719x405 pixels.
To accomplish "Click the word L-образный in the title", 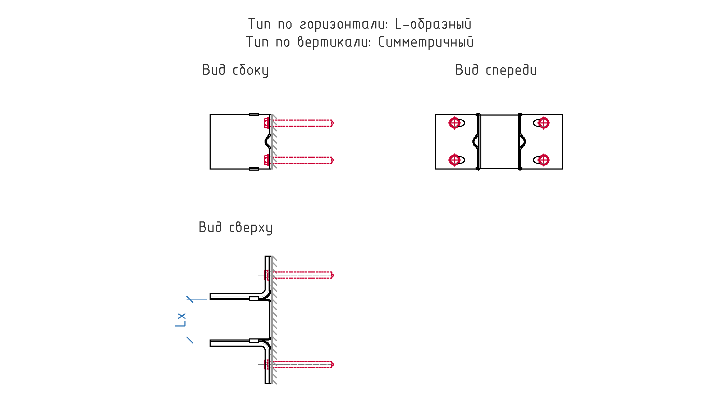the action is [x=433, y=24].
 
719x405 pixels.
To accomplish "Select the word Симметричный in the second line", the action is [x=426, y=42].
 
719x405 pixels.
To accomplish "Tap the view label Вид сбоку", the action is [x=235, y=70].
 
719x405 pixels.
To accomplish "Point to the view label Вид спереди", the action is [x=496, y=70].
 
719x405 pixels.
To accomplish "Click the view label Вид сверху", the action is [x=235, y=228].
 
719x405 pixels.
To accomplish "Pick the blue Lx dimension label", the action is [x=180, y=320].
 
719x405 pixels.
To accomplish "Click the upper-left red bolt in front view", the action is [x=454, y=123].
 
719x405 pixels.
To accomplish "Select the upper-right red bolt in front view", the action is [x=544, y=123].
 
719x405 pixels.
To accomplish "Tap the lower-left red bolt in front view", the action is [x=454, y=159].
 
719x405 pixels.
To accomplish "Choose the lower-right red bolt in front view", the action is [x=544, y=159].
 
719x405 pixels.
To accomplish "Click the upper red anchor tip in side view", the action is [x=333, y=123].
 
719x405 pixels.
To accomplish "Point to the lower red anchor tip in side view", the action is [x=333, y=160].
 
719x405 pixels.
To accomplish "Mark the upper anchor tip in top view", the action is [x=333, y=275].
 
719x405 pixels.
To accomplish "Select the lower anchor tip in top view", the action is [x=333, y=365].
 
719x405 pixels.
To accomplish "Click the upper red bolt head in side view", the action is [x=267, y=123].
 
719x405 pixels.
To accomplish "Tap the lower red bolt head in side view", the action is [x=267, y=160].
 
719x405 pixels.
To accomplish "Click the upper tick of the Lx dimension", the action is [x=190, y=299].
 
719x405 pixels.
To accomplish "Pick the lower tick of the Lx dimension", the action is [x=190, y=340].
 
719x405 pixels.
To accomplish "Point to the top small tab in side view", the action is [x=254, y=114].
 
